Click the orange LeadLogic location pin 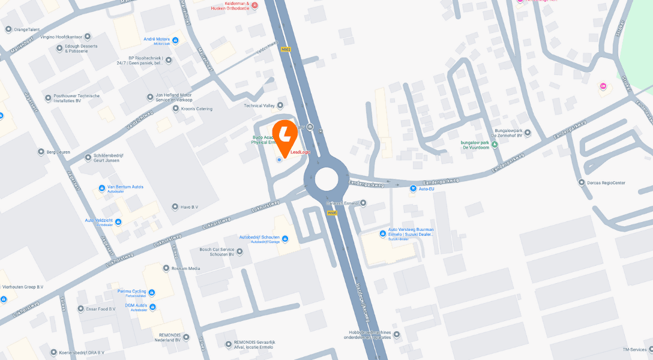pos(284,134)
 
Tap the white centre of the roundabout pos(326,179)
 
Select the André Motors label pos(157,39)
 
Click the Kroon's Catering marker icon pos(175,109)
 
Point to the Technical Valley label pos(259,106)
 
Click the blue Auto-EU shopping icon pos(413,188)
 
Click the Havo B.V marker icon pos(175,207)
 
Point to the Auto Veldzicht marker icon pos(118,222)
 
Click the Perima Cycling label pos(131,292)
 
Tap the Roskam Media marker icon pos(167,268)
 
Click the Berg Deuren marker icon pos(41,152)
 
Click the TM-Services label pos(634,349)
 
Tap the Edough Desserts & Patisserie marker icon pos(59,48)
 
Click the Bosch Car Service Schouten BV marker pos(239,251)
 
